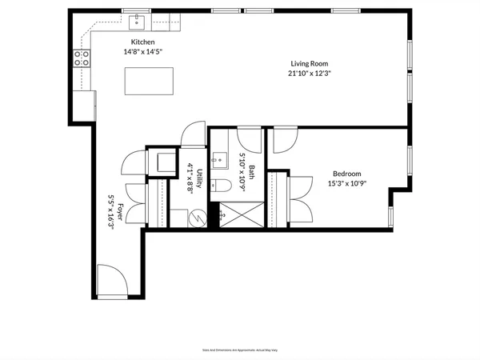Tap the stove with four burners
click(x=81, y=57)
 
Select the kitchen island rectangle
click(x=149, y=81)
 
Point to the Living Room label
click(x=310, y=63)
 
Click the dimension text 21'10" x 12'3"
click(x=310, y=73)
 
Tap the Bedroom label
click(x=347, y=174)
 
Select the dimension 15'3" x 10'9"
click(x=347, y=183)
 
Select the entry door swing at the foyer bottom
click(x=110, y=282)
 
